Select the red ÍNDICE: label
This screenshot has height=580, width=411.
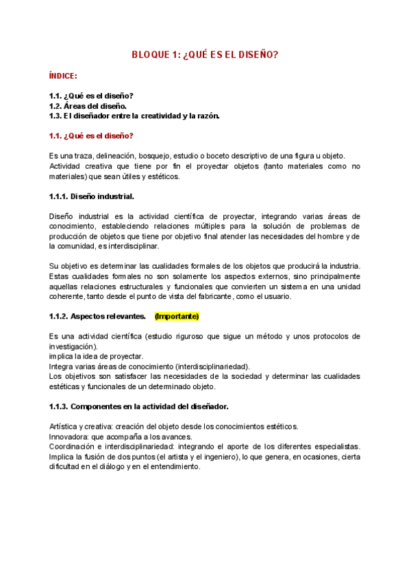(63, 76)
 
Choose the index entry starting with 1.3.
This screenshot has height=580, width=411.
(134, 116)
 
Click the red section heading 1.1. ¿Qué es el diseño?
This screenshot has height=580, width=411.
(91, 135)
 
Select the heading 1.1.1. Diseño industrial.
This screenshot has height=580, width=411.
(92, 196)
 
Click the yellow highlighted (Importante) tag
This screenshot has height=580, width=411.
(177, 317)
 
